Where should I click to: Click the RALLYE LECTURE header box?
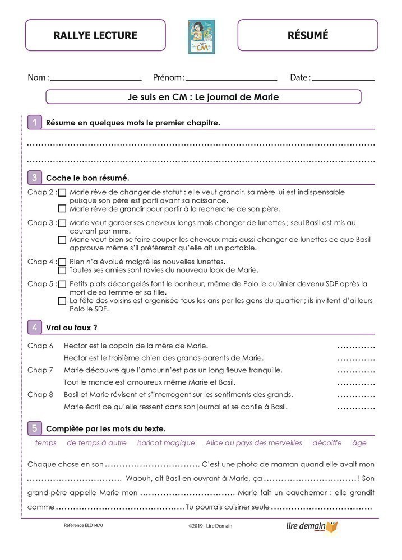tap(95, 35)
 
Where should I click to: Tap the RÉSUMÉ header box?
tap(307, 35)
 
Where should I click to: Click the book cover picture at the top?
tap(201, 36)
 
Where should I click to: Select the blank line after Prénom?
tap(230, 79)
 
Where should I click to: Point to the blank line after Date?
tap(343, 79)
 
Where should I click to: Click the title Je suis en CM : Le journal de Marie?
tap(203, 97)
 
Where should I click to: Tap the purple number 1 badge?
tap(35, 122)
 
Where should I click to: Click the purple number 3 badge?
tap(35, 178)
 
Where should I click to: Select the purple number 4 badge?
tap(35, 327)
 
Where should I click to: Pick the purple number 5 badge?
tap(35, 428)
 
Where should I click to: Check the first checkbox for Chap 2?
tap(62, 193)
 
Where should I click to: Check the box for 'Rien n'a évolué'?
tap(62, 262)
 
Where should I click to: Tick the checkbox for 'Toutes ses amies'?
tap(62, 270)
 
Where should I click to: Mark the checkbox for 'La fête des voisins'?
tap(62, 301)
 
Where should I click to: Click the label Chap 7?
tap(40, 370)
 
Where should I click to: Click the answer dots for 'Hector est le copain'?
tap(356, 346)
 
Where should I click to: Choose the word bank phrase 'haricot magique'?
tap(166, 442)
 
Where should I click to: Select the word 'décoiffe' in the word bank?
tap(327, 442)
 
